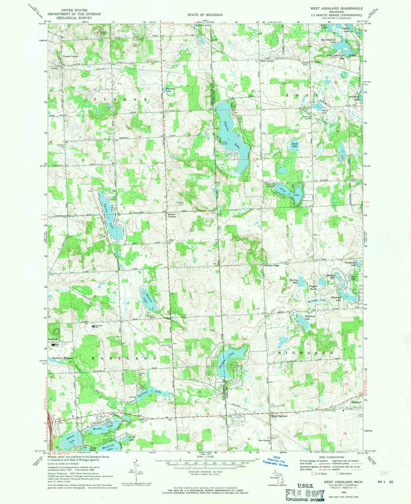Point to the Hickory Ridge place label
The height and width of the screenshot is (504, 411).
[x=272, y=266]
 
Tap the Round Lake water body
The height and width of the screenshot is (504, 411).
[x=70, y=440]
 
